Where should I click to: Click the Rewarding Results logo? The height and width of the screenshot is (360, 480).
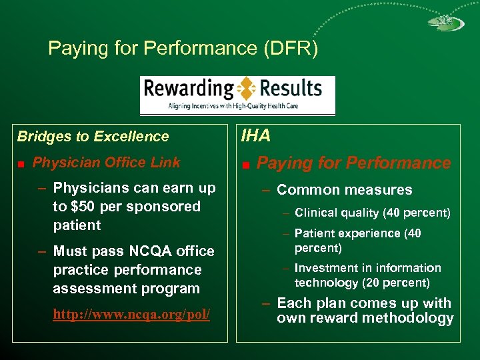click(x=237, y=95)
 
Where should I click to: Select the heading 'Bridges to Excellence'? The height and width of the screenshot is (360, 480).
click(x=93, y=137)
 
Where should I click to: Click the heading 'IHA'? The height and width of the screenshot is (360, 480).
click(x=256, y=136)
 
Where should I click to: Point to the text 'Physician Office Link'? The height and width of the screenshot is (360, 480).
click(x=106, y=163)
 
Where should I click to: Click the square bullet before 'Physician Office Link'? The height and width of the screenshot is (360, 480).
click(x=22, y=163)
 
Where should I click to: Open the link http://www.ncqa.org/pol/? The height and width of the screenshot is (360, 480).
click(x=131, y=314)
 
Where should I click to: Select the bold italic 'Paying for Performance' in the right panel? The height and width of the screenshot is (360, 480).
click(x=354, y=163)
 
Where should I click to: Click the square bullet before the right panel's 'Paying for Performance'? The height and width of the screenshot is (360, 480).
click(x=246, y=164)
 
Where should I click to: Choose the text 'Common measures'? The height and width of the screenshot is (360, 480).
click(x=344, y=190)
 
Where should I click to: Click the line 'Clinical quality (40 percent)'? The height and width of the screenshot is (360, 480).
click(x=372, y=213)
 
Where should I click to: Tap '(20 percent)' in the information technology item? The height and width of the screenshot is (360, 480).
click(x=397, y=283)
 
